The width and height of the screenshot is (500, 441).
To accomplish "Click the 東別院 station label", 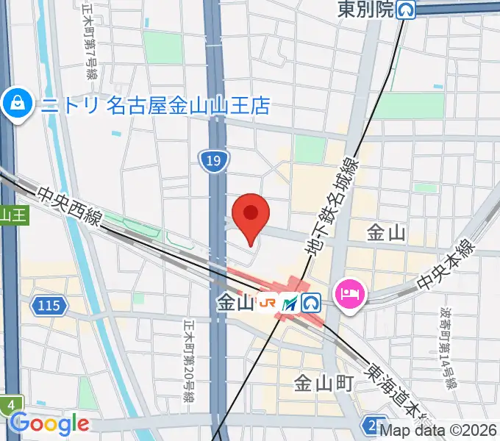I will coord(366,10).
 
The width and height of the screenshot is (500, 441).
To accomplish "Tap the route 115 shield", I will coord(50,304).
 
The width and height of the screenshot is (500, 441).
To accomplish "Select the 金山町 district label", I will coord(324,383).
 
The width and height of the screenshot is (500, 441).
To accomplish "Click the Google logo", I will coord(49,423).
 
